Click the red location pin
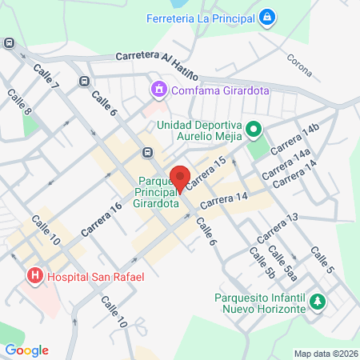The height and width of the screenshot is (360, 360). click(x=181, y=180)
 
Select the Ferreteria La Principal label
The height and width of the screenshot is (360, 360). click(x=204, y=17)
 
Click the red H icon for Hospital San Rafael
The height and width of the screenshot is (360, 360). click(x=35, y=277)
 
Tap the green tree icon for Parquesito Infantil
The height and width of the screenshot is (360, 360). click(x=318, y=302)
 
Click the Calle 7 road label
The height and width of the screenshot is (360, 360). click(x=46, y=76)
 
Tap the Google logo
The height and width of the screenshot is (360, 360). click(x=26, y=350)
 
